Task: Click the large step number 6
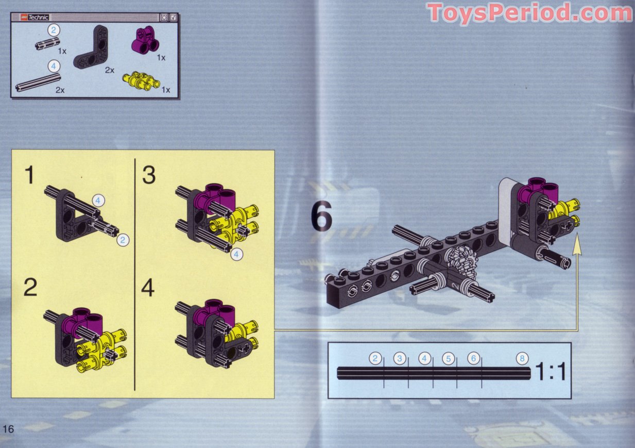click(322, 217)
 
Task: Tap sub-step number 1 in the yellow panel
click(30, 175)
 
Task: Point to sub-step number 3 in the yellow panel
click(149, 175)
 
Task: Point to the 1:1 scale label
click(551, 371)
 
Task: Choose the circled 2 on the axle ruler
click(376, 358)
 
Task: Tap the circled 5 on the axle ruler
click(449, 358)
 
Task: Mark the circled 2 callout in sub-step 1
click(122, 240)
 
